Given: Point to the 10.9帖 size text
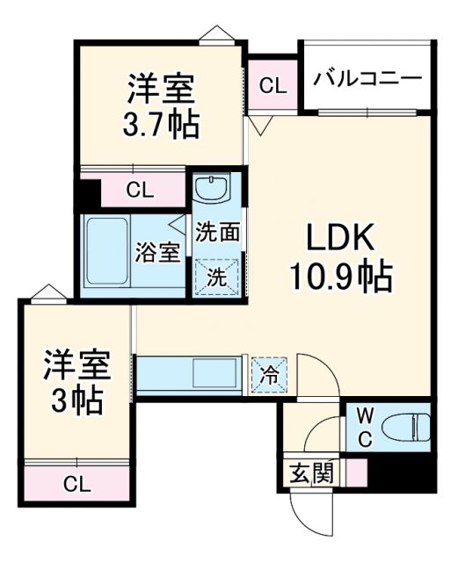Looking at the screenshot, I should (x=341, y=278).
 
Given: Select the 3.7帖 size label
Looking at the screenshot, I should (x=161, y=123).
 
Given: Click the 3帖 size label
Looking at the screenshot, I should (x=76, y=400).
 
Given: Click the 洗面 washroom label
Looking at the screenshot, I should (x=217, y=233).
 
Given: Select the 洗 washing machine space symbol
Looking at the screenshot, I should (x=216, y=276).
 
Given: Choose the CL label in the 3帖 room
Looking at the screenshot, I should (x=77, y=482).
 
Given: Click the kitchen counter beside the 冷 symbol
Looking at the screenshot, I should (x=189, y=374).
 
